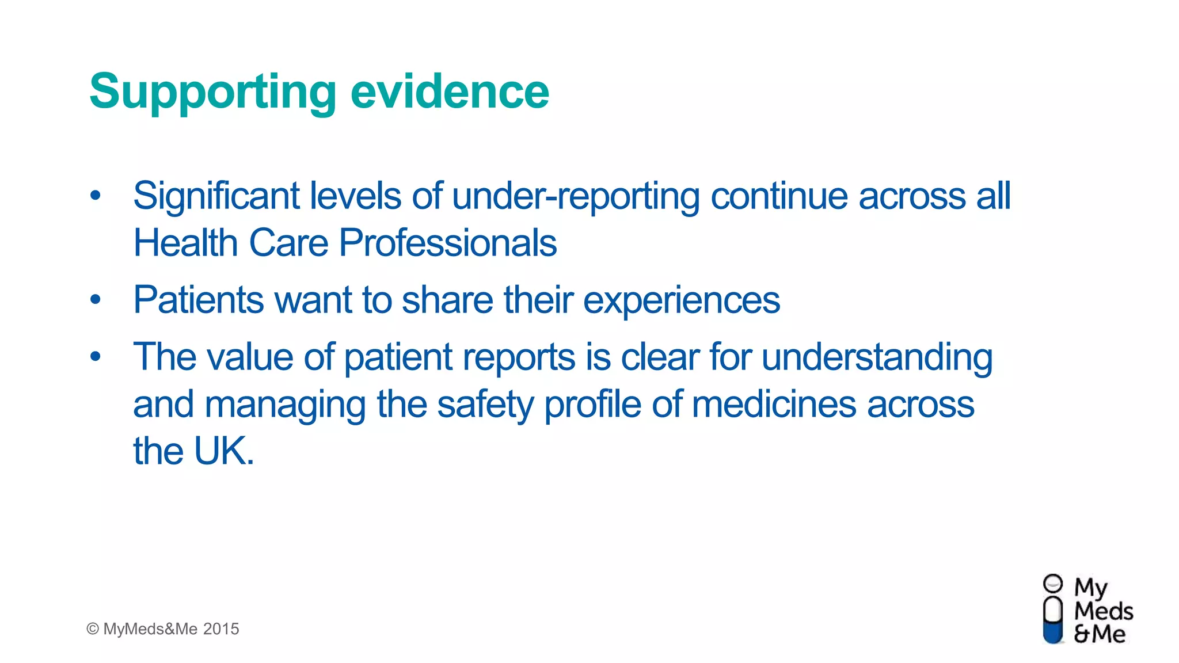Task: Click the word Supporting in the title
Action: pyautogui.click(x=212, y=92)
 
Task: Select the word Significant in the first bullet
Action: pyautogui.click(x=216, y=196)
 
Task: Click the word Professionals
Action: pyautogui.click(x=448, y=242)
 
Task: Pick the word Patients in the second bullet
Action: pyautogui.click(x=199, y=299)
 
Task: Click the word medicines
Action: pyautogui.click(x=774, y=404)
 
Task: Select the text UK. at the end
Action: pyautogui.click(x=224, y=451)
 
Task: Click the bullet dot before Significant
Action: pyautogui.click(x=96, y=196)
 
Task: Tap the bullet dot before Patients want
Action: pyautogui.click(x=96, y=299)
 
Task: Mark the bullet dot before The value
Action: pyautogui.click(x=96, y=357)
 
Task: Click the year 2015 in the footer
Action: pyautogui.click(x=221, y=629)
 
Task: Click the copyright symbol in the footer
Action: pyautogui.click(x=93, y=629)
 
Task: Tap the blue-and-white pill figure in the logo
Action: pyautogui.click(x=1053, y=616)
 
